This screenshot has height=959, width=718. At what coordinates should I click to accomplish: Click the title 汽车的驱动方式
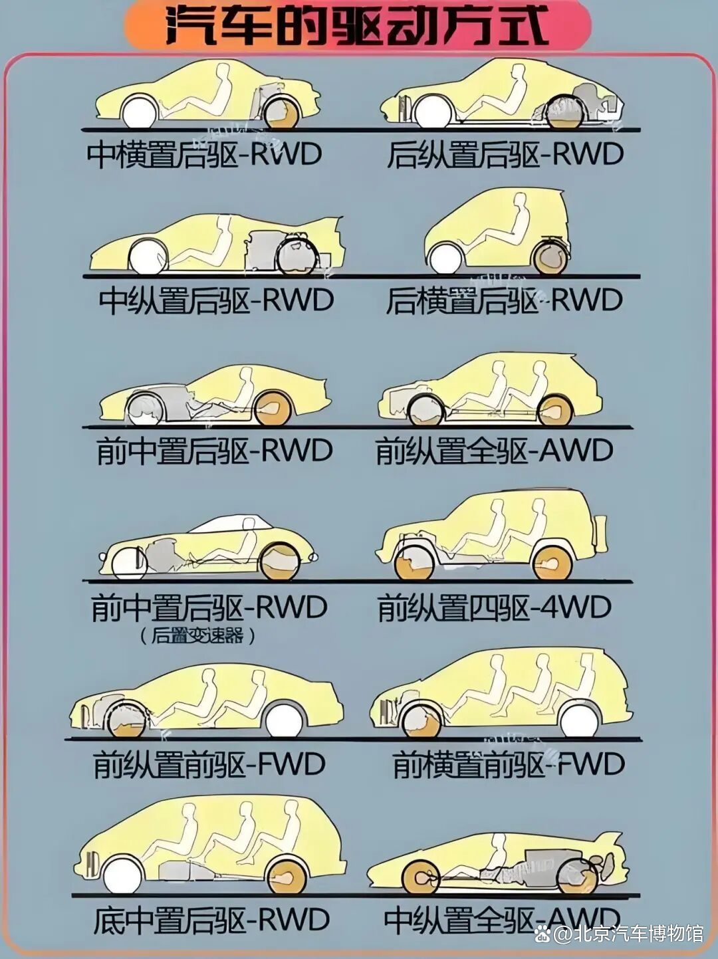357,27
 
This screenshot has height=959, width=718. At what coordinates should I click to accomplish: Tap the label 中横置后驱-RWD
204,155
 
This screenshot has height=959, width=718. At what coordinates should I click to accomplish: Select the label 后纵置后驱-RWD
505,155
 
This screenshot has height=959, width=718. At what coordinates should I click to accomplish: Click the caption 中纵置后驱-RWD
216,300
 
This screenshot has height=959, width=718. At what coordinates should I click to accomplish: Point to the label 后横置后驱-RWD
504,300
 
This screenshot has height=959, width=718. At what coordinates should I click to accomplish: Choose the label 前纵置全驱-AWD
494,451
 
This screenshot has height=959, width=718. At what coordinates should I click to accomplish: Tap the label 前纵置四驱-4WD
494,607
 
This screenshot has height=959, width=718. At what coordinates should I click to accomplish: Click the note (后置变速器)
198,636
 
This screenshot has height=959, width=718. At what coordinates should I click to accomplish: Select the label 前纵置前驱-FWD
209,764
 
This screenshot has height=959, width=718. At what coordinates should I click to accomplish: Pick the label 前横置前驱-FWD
509,764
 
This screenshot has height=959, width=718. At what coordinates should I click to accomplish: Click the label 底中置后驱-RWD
211,920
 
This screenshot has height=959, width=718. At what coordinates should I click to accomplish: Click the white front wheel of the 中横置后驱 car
140,112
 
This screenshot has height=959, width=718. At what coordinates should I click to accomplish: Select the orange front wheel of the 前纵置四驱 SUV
414,564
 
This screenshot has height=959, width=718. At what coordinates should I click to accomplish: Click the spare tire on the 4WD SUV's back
602,534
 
